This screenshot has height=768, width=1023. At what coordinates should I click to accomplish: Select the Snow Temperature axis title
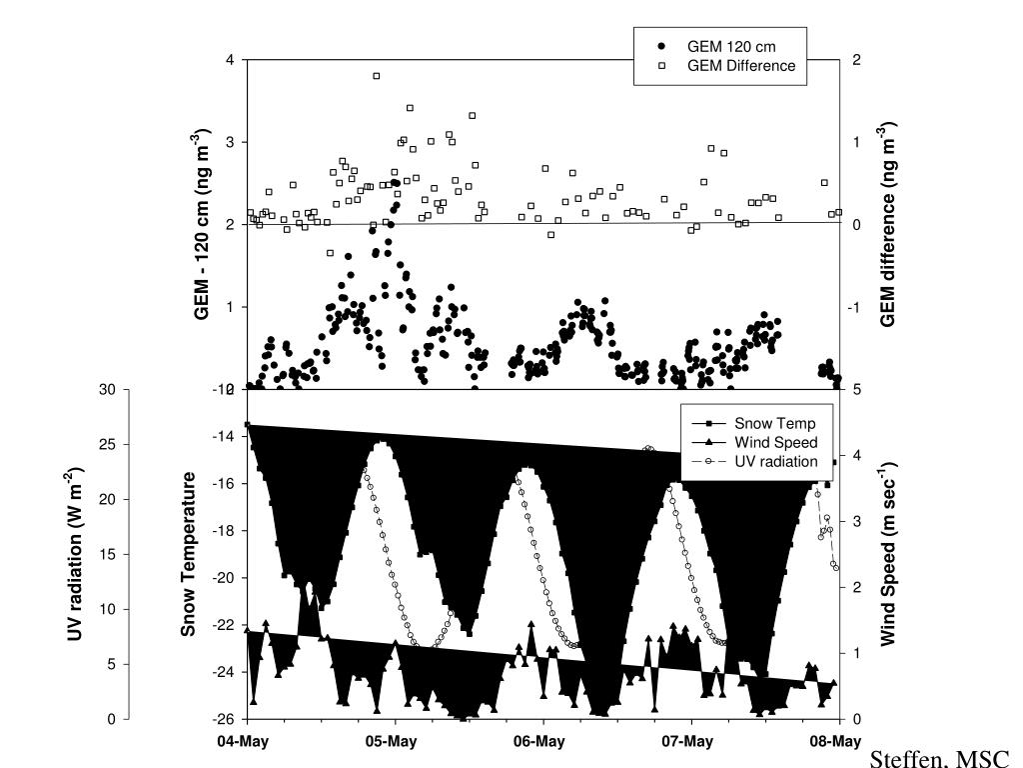click(x=189, y=554)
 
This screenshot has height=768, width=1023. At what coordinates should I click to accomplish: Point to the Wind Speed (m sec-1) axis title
click(x=887, y=554)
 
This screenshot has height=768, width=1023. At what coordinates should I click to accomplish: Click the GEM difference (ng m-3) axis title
click(x=887, y=224)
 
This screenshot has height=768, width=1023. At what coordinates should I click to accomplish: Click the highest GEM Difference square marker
click(x=377, y=76)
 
